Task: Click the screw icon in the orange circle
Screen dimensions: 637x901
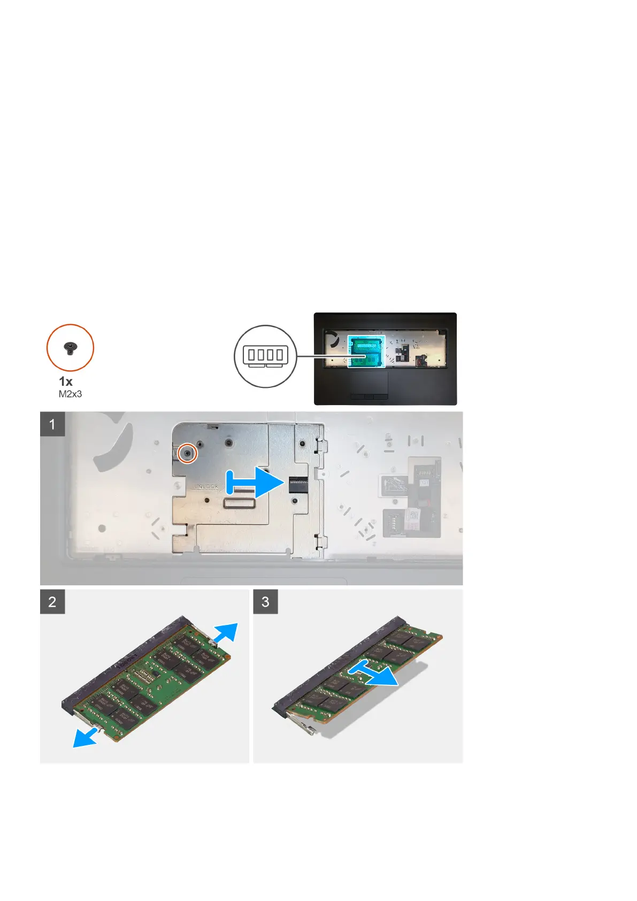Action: [70, 349]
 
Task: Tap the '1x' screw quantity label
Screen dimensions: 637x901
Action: [66, 381]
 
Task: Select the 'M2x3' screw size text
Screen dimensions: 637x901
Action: [70, 394]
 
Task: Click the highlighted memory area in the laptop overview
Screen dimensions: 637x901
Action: [366, 351]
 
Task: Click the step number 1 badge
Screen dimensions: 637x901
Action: [52, 424]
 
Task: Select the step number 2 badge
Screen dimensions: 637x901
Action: [52, 601]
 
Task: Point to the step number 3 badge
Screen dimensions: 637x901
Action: [265, 601]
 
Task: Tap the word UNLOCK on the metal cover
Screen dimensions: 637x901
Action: [206, 487]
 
